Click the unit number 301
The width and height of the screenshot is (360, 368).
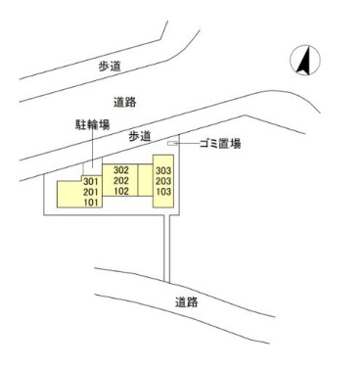[92, 182]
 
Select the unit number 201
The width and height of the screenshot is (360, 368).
[92, 193]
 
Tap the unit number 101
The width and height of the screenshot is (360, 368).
[92, 204]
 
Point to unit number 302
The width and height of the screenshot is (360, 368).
[122, 170]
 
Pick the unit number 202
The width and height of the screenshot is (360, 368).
[122, 181]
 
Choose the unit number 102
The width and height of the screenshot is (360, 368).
[122, 192]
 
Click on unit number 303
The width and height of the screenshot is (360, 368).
[162, 171]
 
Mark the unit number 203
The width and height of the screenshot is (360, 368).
[162, 182]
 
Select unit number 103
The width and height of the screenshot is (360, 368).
[162, 193]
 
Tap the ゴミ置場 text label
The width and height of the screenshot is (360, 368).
[219, 144]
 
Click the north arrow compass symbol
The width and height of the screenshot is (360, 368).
[304, 62]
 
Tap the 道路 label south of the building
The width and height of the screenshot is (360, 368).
[187, 301]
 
